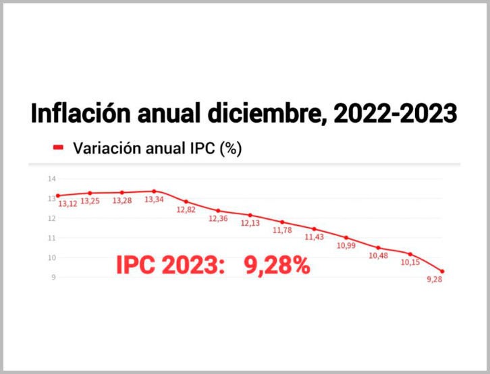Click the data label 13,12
point(67,204)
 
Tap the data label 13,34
point(154,200)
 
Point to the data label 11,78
point(282,230)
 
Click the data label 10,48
point(379,255)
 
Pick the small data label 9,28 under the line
point(435,280)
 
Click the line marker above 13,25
point(90,193)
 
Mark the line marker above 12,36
point(218,211)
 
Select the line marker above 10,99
point(346,238)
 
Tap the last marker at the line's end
point(442,271)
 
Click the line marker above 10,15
point(410,254)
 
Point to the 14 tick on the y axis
point(51,179)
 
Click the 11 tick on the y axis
point(51,238)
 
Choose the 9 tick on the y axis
point(52,277)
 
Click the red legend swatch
point(59,148)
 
